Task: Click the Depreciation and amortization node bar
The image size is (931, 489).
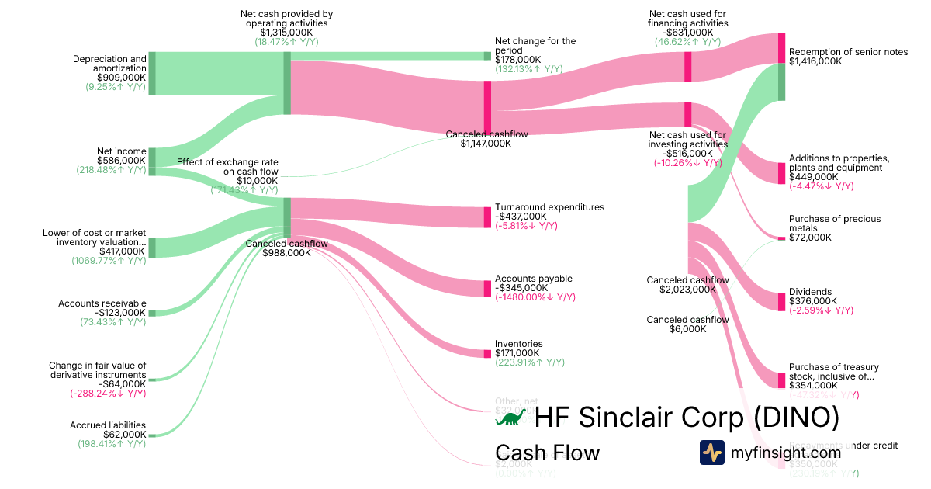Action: pos(152,73)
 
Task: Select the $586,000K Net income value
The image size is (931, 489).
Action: pos(121,161)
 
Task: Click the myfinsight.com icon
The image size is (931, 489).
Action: pos(711,452)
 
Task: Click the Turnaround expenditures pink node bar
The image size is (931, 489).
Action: pos(487,217)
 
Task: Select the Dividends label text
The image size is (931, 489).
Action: pos(810,292)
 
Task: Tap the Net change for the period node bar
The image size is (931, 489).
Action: pos(487,56)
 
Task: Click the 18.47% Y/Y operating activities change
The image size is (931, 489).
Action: pos(286,42)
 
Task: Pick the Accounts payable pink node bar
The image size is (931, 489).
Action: pos(487,288)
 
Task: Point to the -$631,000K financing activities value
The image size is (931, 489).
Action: pos(687,33)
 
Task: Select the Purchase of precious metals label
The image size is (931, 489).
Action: pos(834,224)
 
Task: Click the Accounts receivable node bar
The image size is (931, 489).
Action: pos(152,313)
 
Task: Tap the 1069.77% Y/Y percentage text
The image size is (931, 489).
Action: pos(109,261)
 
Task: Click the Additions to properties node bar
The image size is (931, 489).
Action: pos(781,173)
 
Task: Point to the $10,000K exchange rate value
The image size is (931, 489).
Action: pos(258,180)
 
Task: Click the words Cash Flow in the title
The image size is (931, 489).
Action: pos(547,453)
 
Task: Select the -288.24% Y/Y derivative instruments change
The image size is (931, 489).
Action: pos(108,394)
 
